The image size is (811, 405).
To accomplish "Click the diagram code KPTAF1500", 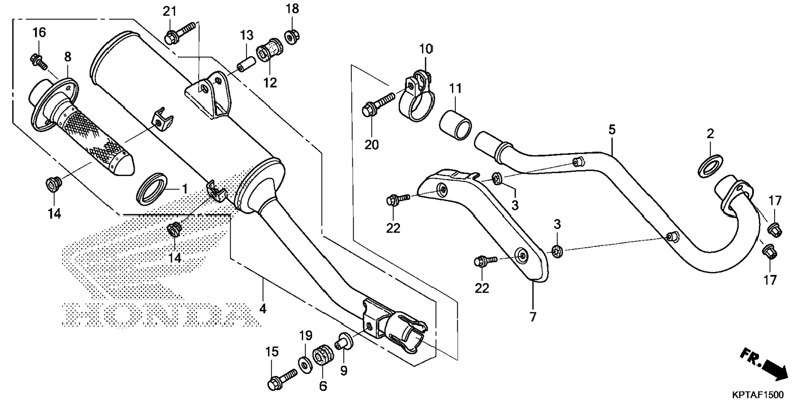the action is click(x=758, y=395).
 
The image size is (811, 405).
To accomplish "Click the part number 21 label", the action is click(x=169, y=11).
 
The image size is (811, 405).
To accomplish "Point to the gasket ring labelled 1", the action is click(x=153, y=189).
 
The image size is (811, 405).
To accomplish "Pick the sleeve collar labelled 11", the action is click(x=455, y=125).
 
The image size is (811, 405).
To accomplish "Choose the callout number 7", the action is click(x=533, y=317).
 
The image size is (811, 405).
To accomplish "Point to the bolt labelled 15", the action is click(x=281, y=379).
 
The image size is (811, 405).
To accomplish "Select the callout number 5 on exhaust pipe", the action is click(x=612, y=130).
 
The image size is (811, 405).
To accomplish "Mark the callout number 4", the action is click(x=263, y=309).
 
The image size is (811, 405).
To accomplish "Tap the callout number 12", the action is click(x=270, y=82).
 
